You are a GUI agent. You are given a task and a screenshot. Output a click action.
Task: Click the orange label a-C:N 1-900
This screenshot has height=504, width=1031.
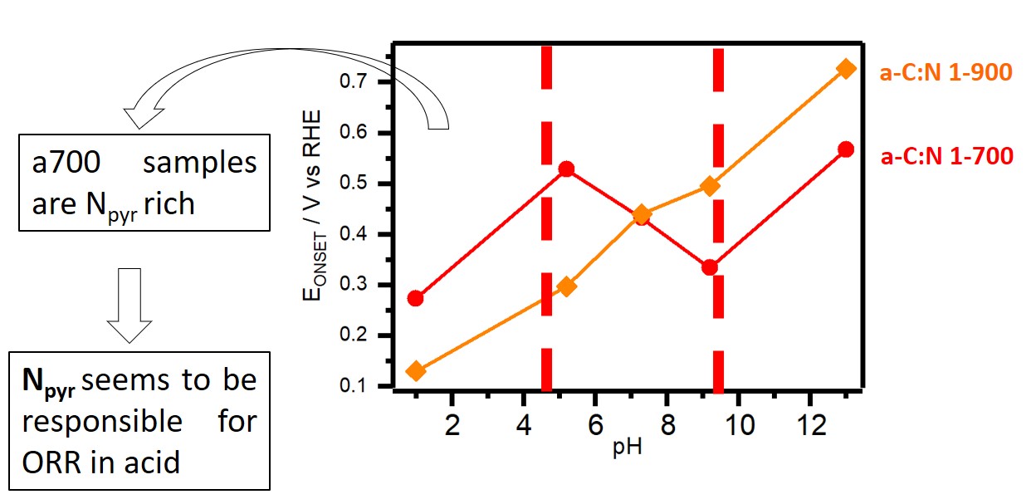click(x=945, y=72)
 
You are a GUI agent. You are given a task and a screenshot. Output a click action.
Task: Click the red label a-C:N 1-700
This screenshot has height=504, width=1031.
click(x=946, y=156)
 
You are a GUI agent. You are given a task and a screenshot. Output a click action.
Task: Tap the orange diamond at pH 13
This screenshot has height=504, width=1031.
click(x=845, y=68)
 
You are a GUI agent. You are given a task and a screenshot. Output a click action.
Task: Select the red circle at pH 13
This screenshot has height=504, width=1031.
click(x=845, y=149)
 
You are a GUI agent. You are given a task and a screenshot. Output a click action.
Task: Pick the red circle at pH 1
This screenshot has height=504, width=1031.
click(x=416, y=298)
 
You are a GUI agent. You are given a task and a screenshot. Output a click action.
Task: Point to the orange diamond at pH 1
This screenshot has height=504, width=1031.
click(x=416, y=370)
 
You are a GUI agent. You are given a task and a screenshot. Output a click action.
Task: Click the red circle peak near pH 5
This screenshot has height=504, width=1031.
click(x=567, y=169)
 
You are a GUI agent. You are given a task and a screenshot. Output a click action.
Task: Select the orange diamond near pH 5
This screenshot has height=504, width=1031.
click(x=567, y=286)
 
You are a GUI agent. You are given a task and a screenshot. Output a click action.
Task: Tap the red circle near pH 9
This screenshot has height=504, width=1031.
click(x=709, y=267)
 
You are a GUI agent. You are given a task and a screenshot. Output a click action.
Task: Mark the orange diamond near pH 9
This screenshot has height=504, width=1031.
click(x=710, y=186)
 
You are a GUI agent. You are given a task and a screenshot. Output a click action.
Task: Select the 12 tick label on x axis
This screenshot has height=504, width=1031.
click(x=809, y=423)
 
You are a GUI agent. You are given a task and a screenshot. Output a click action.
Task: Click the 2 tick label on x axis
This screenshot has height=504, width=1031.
click(x=452, y=423)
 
